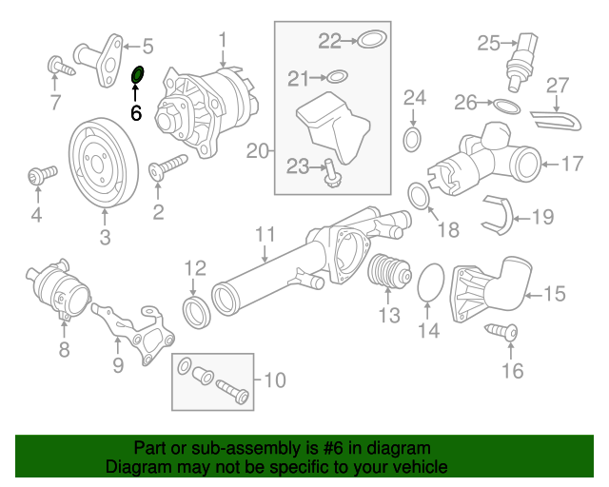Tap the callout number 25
click(488, 43)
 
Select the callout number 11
click(265, 233)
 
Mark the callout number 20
click(258, 149)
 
